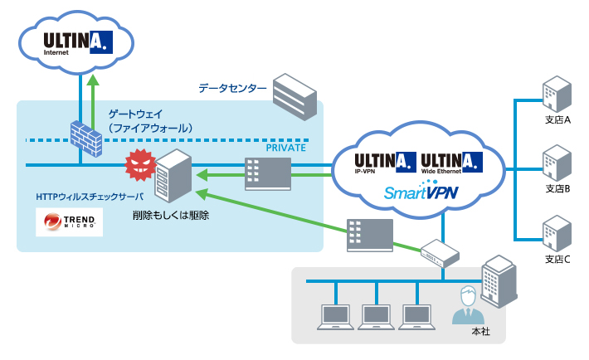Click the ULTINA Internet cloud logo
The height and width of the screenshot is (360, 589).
click(x=73, y=41)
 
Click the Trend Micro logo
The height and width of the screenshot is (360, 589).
click(x=70, y=221)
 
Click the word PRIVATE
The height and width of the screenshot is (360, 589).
click(x=286, y=147)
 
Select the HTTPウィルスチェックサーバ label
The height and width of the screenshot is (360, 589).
click(x=90, y=197)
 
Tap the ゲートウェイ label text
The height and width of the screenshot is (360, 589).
click(x=136, y=113)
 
